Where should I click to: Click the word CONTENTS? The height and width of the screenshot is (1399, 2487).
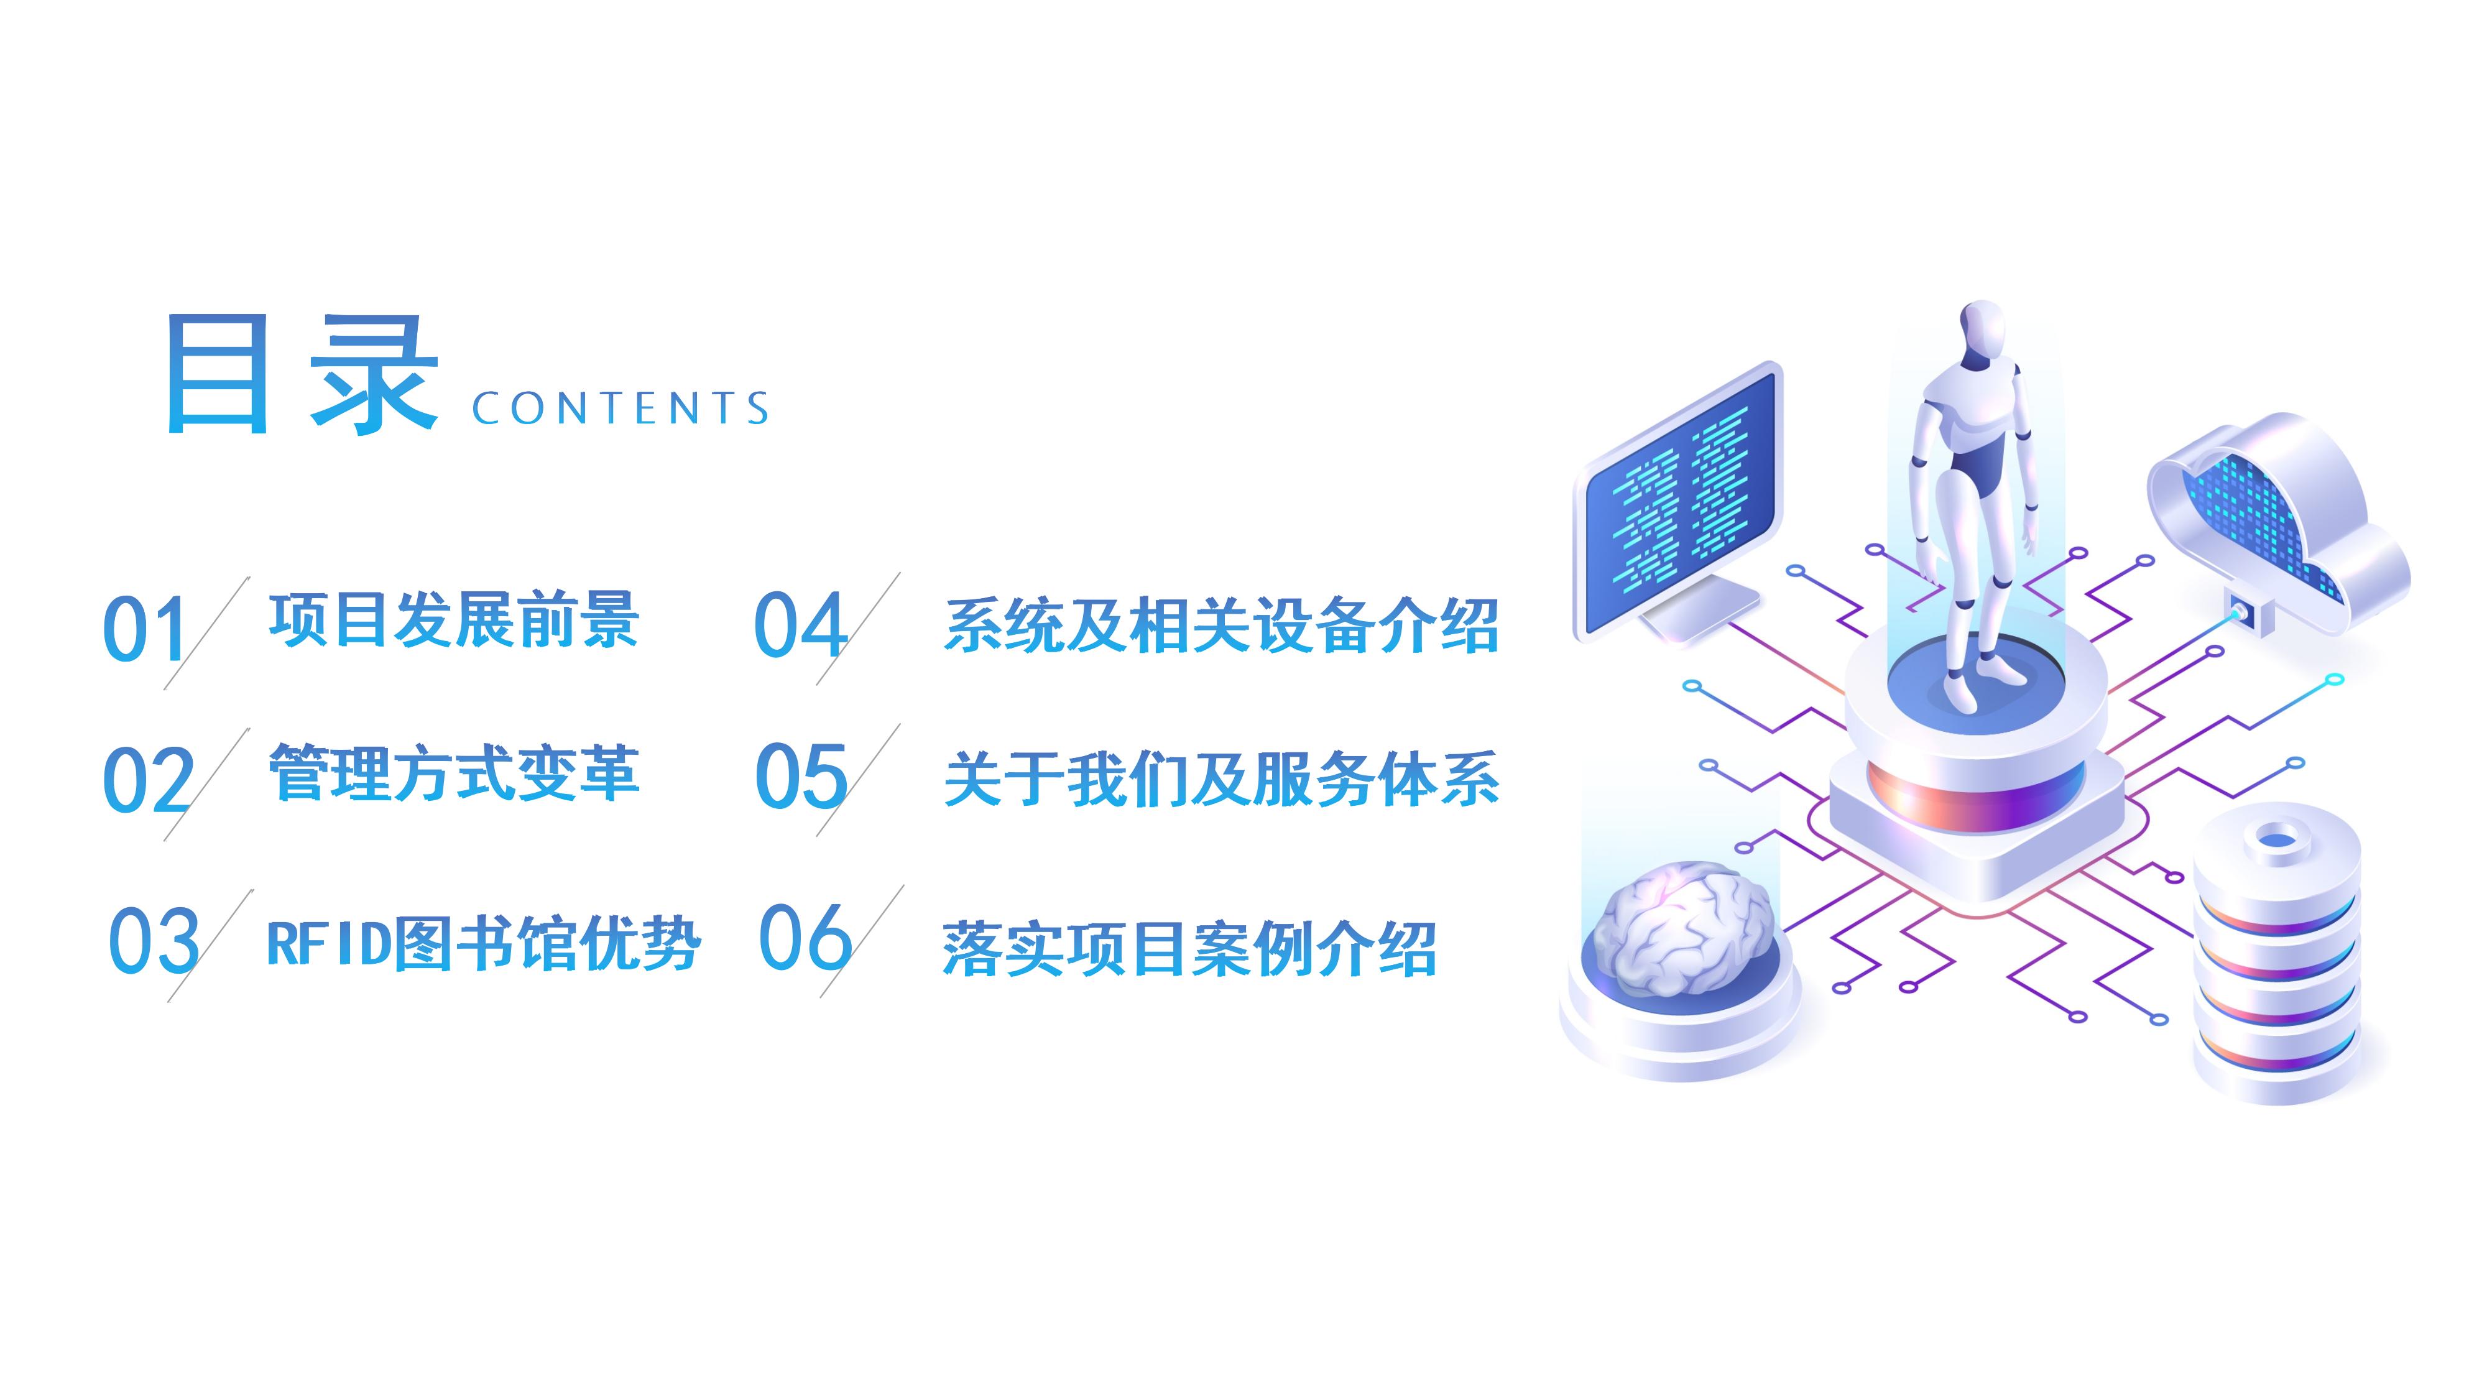click(621, 409)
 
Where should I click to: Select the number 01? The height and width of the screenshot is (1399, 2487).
click(145, 629)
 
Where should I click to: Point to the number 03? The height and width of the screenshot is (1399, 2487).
click(154, 940)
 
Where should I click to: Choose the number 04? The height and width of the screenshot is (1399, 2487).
click(800, 625)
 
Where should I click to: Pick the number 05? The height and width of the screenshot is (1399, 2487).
click(800, 775)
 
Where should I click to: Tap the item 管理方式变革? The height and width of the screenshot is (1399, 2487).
click(454, 772)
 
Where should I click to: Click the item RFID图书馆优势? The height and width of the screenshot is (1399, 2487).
click(482, 943)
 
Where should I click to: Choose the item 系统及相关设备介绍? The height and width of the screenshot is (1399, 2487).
click(1221, 626)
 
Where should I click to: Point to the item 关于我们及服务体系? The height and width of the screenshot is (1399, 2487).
click(1221, 778)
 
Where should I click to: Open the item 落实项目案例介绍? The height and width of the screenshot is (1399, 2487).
click(1189, 948)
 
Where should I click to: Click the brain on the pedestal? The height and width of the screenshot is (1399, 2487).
click(1681, 926)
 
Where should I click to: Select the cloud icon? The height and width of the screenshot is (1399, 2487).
click(2279, 526)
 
